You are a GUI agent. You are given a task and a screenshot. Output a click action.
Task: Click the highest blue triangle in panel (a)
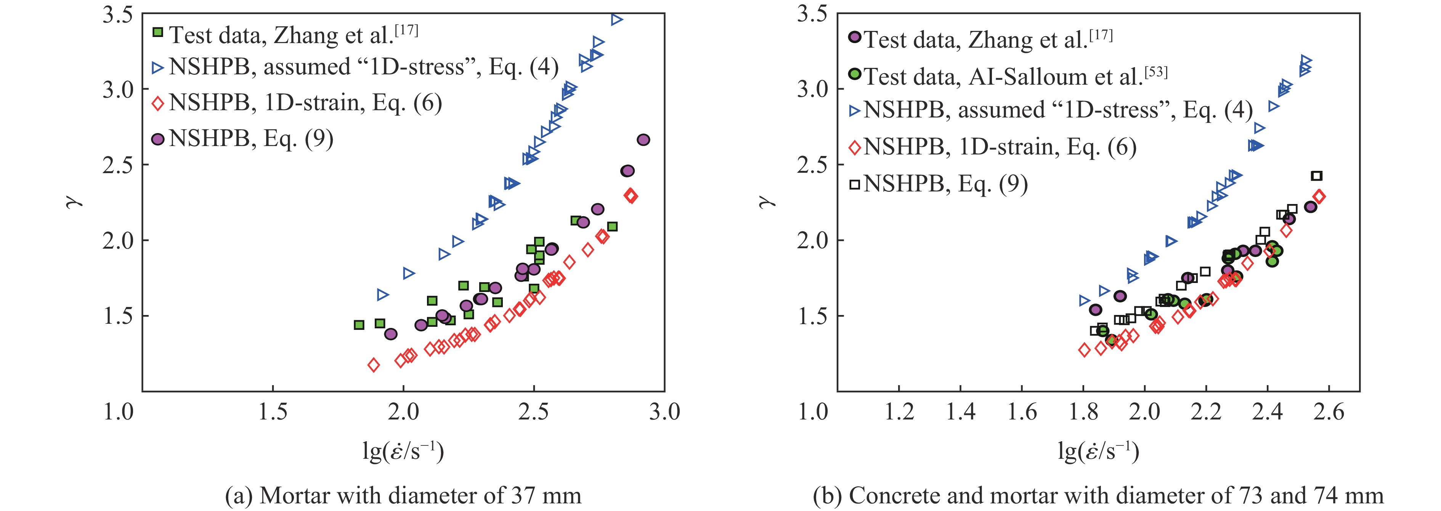pos(616,19)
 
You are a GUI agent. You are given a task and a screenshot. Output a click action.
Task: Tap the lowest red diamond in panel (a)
pos(374,365)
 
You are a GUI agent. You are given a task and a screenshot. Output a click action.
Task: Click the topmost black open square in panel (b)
pos(1317,176)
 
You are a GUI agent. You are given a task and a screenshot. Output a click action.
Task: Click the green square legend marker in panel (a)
pos(158,32)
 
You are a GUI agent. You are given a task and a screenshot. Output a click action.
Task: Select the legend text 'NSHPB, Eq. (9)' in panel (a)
pos(251,138)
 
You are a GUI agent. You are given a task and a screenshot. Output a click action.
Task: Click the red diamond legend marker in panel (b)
pos(855,148)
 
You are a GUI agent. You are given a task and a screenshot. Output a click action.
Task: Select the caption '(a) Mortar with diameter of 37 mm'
pos(403,496)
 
